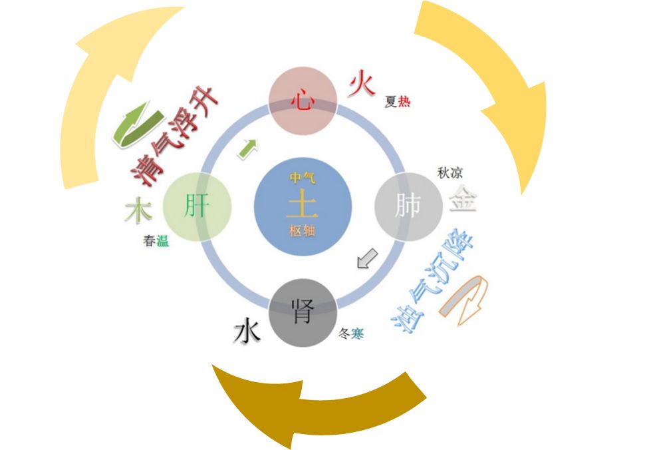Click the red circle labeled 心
(303, 101)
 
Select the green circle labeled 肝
(197, 205)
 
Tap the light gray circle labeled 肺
(408, 205)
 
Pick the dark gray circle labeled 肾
(303, 312)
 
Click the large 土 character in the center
(303, 205)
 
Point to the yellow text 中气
(303, 178)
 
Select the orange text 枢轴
(303, 231)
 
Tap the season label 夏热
(397, 102)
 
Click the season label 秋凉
(450, 172)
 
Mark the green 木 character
(138, 211)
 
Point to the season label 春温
(156, 241)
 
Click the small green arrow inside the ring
(247, 148)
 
